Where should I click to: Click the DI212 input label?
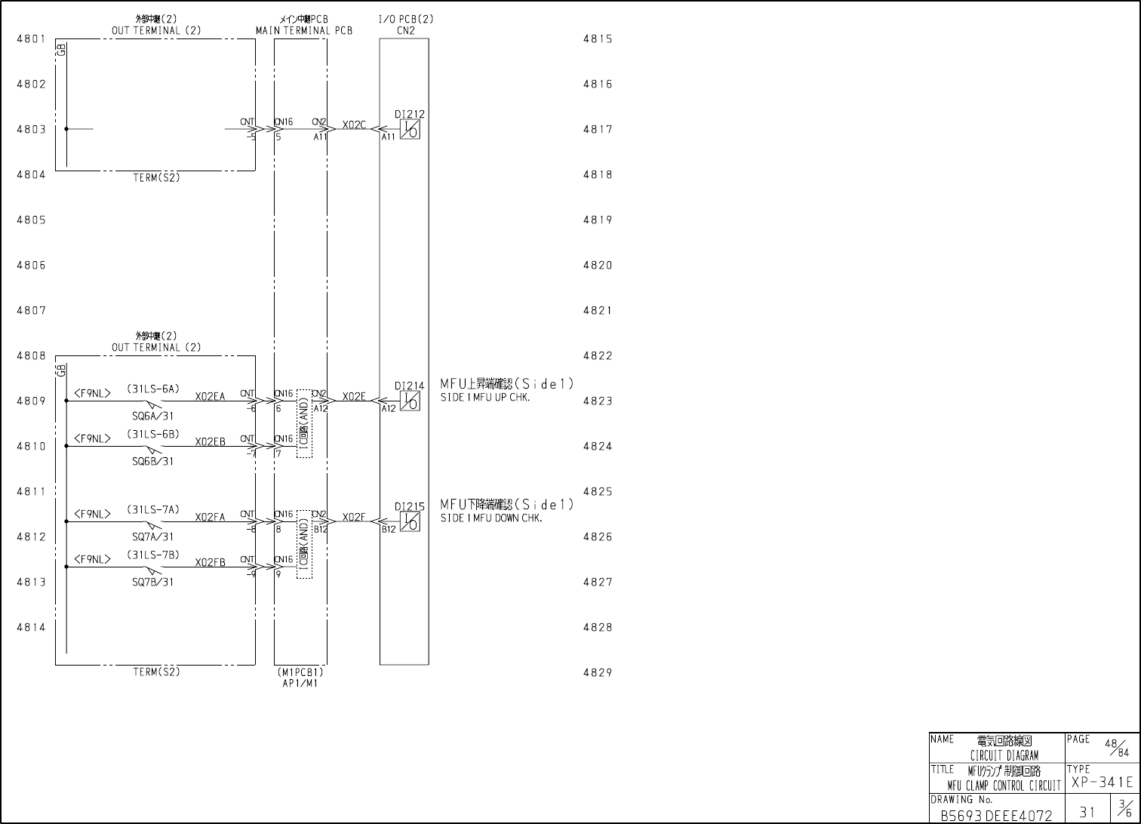coord(409,115)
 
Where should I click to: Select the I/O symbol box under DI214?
coord(409,401)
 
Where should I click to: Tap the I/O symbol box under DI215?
coord(409,522)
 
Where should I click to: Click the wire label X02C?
coord(354,125)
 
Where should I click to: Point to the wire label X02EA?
coord(210,397)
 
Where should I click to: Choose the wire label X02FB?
coord(210,563)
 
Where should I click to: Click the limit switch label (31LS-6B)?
coord(152,434)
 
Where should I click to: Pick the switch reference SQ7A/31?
coord(152,537)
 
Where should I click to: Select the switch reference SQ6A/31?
coord(152,416)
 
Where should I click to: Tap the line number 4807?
coord(31,310)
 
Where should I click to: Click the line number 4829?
coord(597,672)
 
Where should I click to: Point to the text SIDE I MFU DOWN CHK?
coord(491,518)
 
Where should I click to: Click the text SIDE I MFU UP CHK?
coord(485,398)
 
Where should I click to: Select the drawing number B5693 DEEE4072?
coord(995,816)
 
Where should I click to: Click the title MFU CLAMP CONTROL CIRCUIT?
coord(1004,786)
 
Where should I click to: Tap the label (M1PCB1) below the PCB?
coord(300,672)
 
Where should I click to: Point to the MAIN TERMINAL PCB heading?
coord(303,31)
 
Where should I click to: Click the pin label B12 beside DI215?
coord(388,530)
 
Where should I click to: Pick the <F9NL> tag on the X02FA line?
coord(92,514)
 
